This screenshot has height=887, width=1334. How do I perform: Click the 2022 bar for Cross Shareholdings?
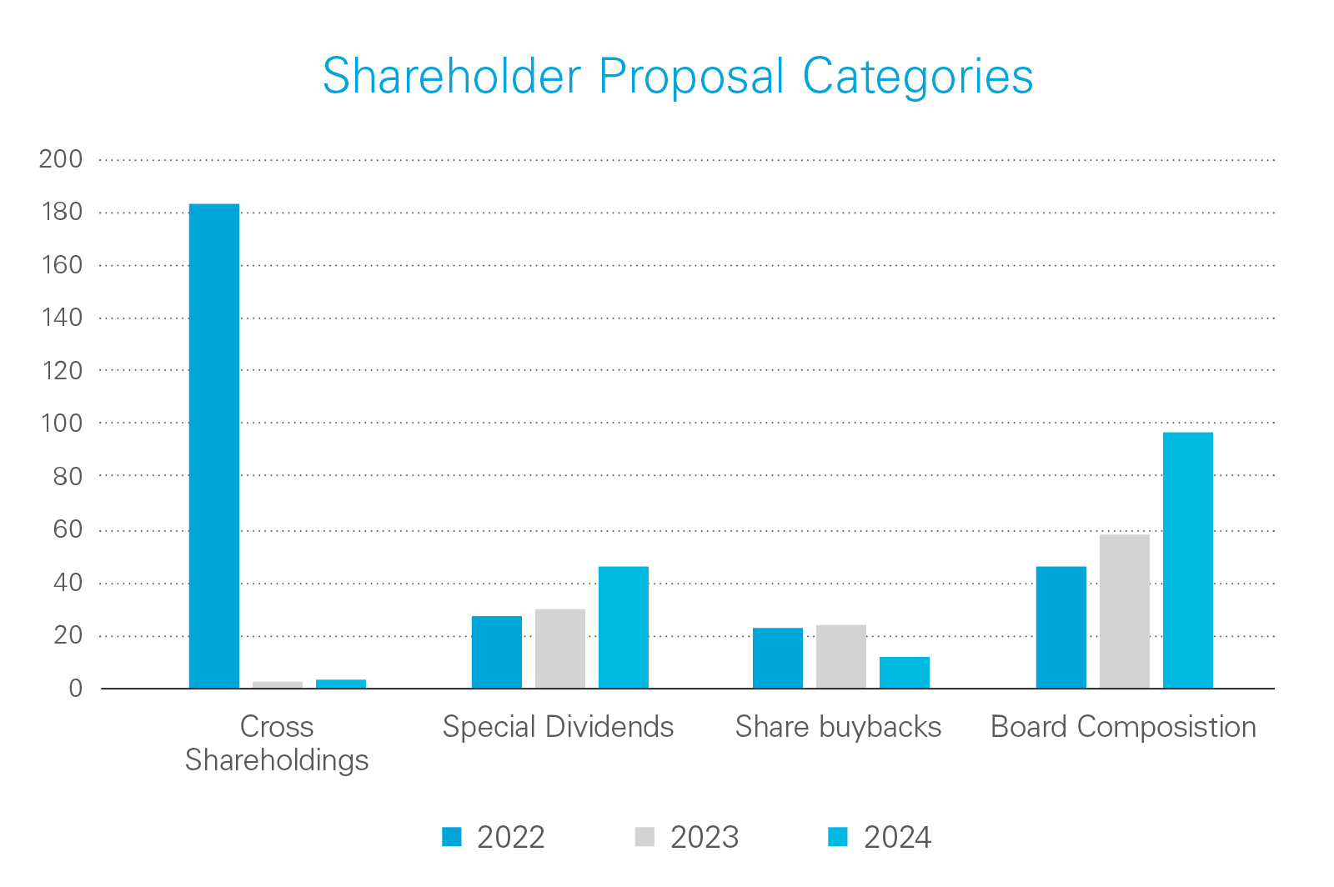click(x=214, y=446)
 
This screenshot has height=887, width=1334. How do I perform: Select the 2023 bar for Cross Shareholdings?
click(x=278, y=684)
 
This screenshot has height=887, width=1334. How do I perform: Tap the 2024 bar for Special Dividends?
click(x=624, y=627)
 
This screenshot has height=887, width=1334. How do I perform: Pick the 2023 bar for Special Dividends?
click(x=560, y=649)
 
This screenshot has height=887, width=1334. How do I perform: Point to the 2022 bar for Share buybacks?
click(x=778, y=658)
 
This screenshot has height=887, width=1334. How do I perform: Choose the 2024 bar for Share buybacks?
click(x=905, y=672)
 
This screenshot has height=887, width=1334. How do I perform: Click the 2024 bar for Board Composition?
click(x=1188, y=560)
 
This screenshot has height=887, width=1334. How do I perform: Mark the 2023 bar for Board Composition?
click(x=1125, y=611)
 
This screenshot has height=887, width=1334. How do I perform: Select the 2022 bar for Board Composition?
click(x=1061, y=627)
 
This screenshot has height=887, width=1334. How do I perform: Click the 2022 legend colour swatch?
click(x=452, y=836)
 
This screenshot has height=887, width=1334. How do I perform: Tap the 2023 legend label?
click(x=705, y=837)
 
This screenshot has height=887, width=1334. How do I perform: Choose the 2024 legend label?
click(x=897, y=837)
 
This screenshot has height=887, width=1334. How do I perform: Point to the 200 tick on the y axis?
click(x=61, y=159)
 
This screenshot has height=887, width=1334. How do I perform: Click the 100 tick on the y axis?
click(x=62, y=423)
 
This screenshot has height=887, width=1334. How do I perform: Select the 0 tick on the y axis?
click(x=76, y=689)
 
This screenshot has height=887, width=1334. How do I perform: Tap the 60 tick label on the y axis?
click(x=68, y=529)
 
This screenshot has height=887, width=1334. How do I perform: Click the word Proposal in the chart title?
click(x=692, y=77)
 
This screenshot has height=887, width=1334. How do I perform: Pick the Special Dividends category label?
click(x=558, y=727)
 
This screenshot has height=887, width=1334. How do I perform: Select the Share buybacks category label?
click(x=838, y=727)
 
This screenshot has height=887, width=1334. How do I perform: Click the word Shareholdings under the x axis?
click(x=277, y=760)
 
